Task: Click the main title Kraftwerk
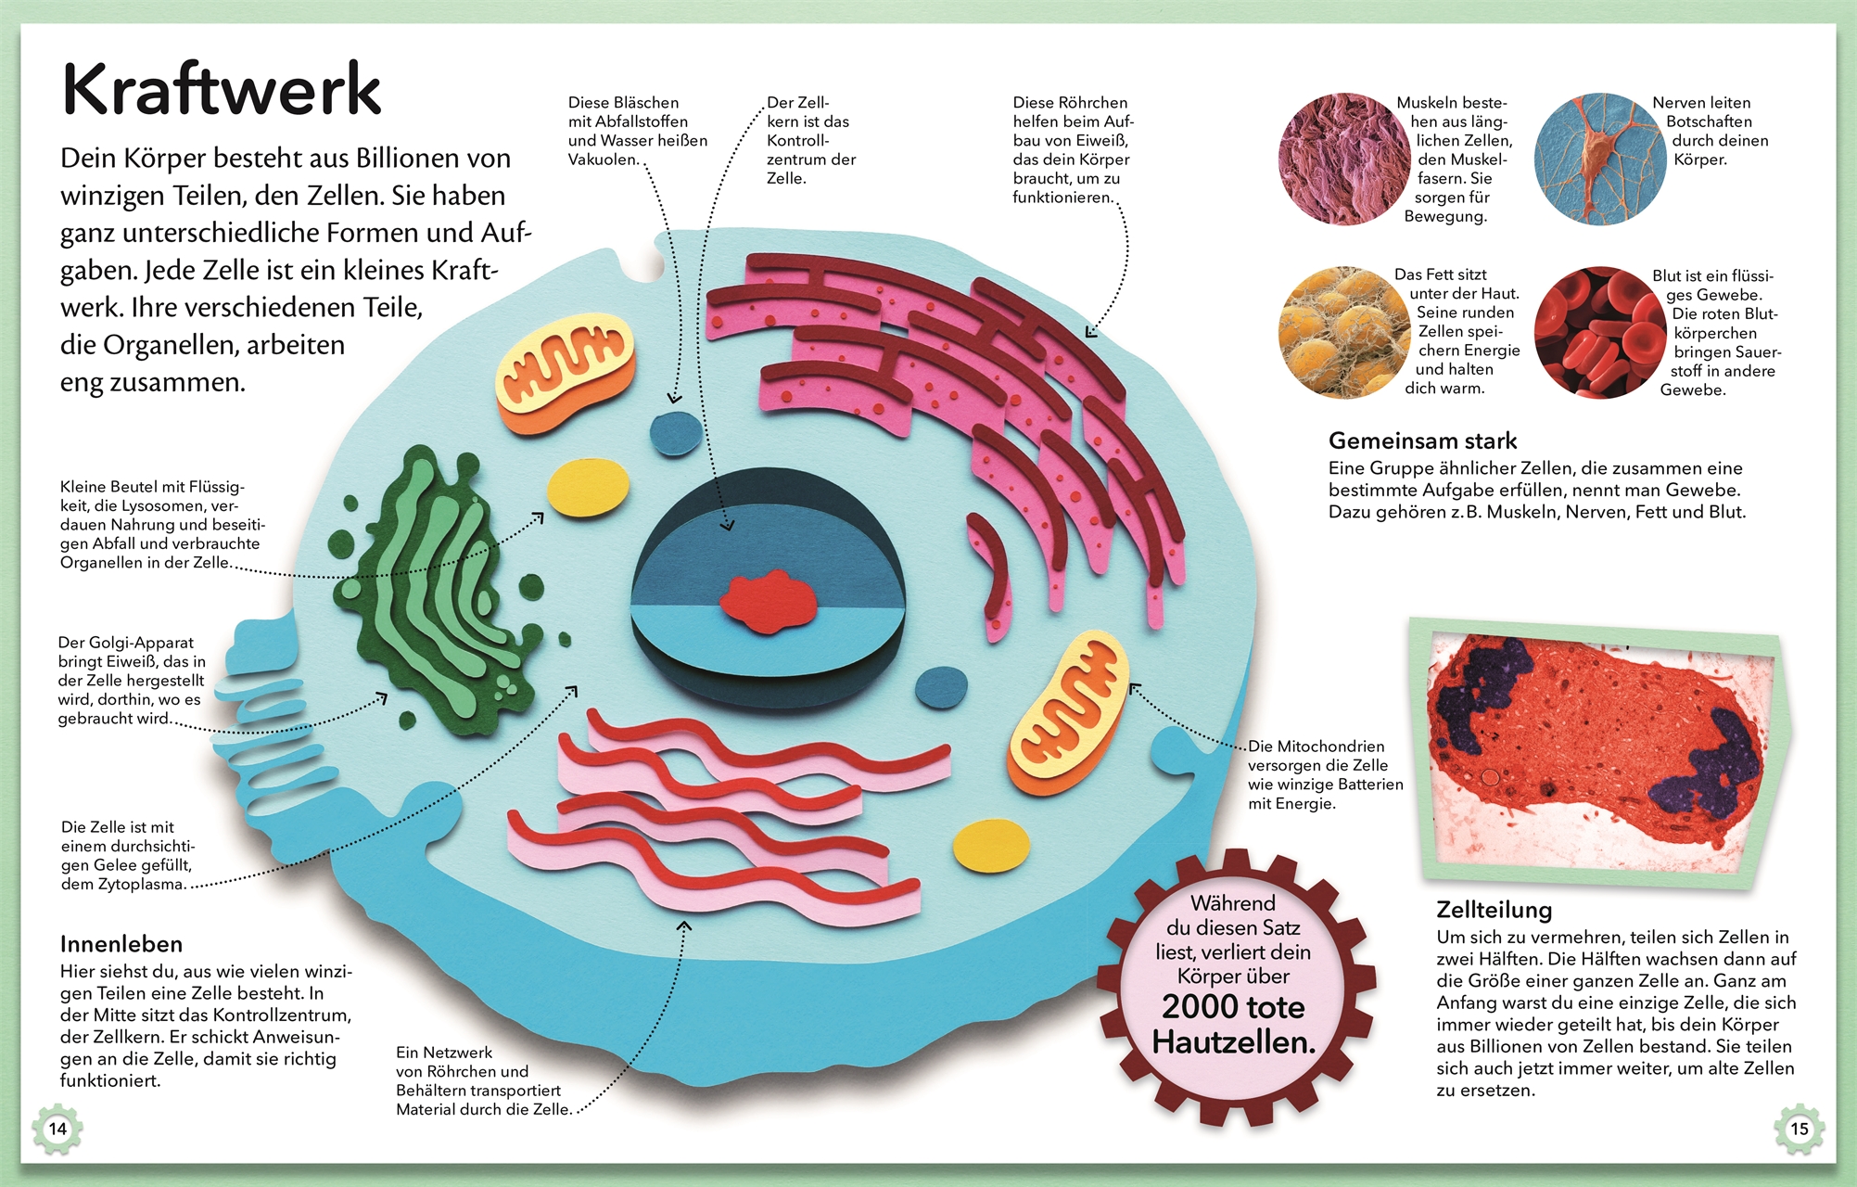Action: click(222, 90)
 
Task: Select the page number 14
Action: click(57, 1129)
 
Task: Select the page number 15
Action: click(1800, 1129)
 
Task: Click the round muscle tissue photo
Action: click(1344, 159)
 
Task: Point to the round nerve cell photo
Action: click(1600, 159)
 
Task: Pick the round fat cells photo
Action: click(1344, 332)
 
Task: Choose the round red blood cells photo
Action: click(1600, 332)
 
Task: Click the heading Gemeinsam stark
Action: click(1422, 440)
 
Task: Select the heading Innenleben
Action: click(121, 944)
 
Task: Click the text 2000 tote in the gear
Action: click(1233, 1007)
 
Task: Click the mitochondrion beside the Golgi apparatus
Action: click(565, 372)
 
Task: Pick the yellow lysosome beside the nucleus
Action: click(588, 487)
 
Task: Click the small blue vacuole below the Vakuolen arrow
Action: click(676, 432)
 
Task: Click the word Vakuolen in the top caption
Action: click(604, 160)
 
